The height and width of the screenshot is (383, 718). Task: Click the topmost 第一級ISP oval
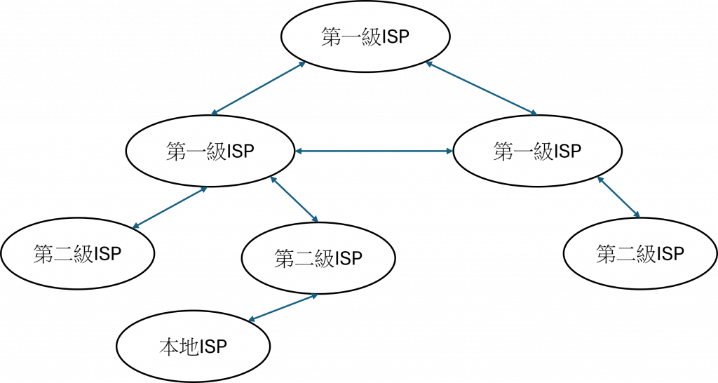coord(364,38)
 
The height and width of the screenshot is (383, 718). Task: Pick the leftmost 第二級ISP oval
coord(77,254)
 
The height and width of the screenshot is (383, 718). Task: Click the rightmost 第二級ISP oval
coord(640,254)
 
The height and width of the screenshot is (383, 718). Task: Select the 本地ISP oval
coord(193,346)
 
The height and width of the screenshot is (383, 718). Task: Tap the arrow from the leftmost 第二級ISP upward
coord(170,208)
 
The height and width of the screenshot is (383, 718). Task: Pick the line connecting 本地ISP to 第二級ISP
coord(284,307)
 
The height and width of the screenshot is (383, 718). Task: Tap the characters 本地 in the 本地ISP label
coord(175,347)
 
